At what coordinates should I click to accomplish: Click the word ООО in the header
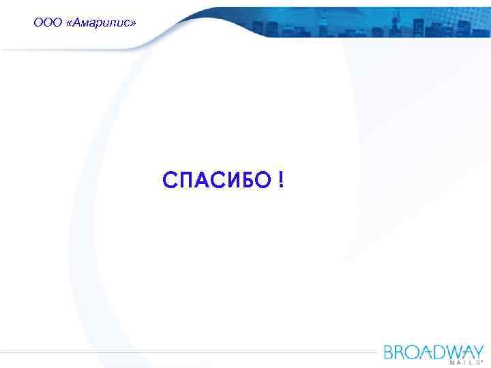pyautogui.click(x=45, y=23)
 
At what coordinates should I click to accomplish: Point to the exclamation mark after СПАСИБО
pyautogui.click(x=282, y=181)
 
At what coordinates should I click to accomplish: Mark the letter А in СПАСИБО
pyautogui.click(x=203, y=181)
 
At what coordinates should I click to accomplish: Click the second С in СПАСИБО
pyautogui.click(x=218, y=181)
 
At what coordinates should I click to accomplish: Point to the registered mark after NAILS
pyautogui.click(x=483, y=362)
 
